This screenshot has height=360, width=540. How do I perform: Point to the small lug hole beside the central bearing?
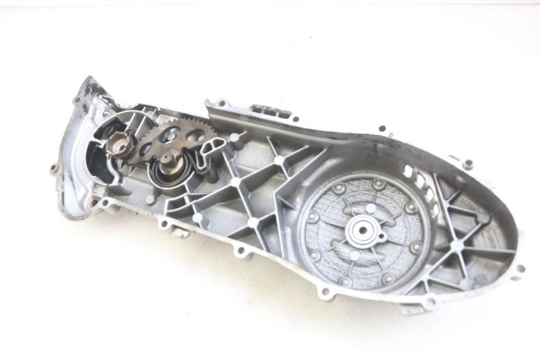click(x=382, y=236)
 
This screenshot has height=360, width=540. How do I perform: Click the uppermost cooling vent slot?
click(x=409, y=170)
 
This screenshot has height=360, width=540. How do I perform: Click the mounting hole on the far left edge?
click(x=54, y=168)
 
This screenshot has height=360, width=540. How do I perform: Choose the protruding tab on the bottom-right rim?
click(x=411, y=307)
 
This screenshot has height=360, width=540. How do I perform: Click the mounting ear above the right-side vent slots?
click(x=467, y=164)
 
